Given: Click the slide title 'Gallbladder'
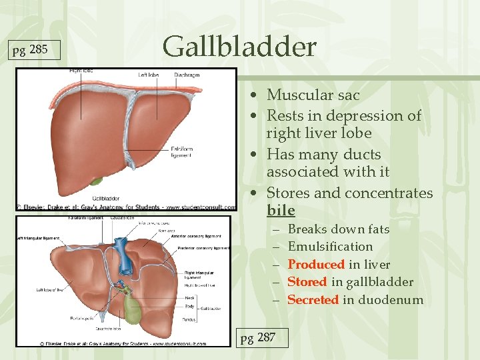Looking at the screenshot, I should tap(239, 47).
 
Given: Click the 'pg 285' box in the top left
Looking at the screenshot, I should tap(31, 50).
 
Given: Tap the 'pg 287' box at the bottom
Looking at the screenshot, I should tap(257, 337).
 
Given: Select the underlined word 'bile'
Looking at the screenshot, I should tap(281, 211).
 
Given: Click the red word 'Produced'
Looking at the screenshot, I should tap(316, 265).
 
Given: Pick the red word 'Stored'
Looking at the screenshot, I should tap(307, 282).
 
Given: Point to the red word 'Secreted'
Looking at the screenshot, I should tap(313, 300).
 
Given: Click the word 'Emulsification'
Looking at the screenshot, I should tap(330, 247).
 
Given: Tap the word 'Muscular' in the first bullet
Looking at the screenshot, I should tap(295, 95).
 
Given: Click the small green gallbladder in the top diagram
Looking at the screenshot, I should tap(97, 179).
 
